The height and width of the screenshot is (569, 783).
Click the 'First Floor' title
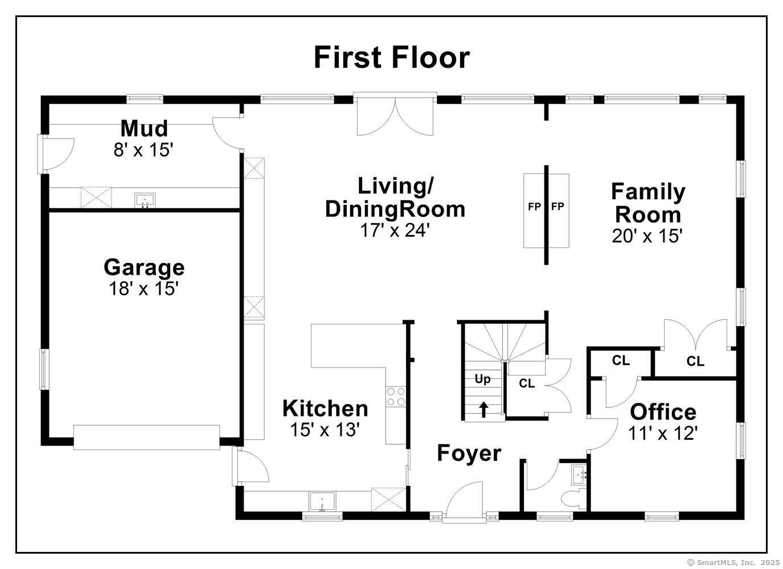392,57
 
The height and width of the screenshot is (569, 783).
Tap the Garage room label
144,267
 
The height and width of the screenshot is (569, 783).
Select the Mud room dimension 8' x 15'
144,150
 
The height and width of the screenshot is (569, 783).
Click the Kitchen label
325,409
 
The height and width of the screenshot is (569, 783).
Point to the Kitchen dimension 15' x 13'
325,430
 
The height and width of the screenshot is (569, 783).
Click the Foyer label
469,453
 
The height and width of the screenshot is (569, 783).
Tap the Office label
663,412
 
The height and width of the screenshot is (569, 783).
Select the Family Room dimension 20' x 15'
647,236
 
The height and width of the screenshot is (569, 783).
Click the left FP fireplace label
534,207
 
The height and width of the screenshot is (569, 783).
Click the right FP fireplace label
557,207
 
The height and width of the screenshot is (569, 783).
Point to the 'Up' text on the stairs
482,380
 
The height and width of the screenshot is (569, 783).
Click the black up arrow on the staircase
483,409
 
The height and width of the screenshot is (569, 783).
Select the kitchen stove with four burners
395,397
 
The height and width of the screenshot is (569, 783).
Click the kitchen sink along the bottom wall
323,502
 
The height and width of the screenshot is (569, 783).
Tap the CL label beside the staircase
527,384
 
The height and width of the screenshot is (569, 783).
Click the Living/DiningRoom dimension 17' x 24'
394,230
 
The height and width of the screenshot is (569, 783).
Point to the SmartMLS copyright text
733,562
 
